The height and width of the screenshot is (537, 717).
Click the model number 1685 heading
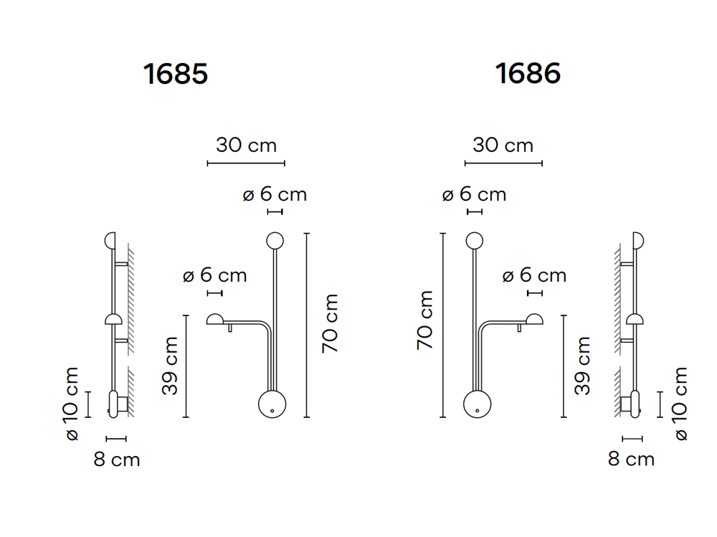176,74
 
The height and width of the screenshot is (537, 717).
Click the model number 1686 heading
528,73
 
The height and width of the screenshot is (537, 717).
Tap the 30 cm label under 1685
246,146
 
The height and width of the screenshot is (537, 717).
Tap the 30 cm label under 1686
503,146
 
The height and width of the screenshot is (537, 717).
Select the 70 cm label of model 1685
330,323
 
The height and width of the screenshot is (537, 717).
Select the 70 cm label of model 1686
426,320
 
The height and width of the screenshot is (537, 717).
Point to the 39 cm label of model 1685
170,366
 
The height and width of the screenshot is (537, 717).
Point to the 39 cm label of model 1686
583,366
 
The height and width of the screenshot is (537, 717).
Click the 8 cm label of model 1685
117,460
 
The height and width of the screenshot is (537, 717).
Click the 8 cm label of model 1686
631,460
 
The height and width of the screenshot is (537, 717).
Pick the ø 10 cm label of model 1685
72,404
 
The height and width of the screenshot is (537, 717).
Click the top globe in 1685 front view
275,240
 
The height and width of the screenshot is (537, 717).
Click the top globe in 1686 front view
473,240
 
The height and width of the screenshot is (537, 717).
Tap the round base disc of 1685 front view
272,404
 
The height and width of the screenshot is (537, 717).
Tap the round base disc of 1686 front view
476,404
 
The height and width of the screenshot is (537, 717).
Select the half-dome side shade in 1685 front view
215,320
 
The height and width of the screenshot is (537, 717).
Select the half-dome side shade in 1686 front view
533,320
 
